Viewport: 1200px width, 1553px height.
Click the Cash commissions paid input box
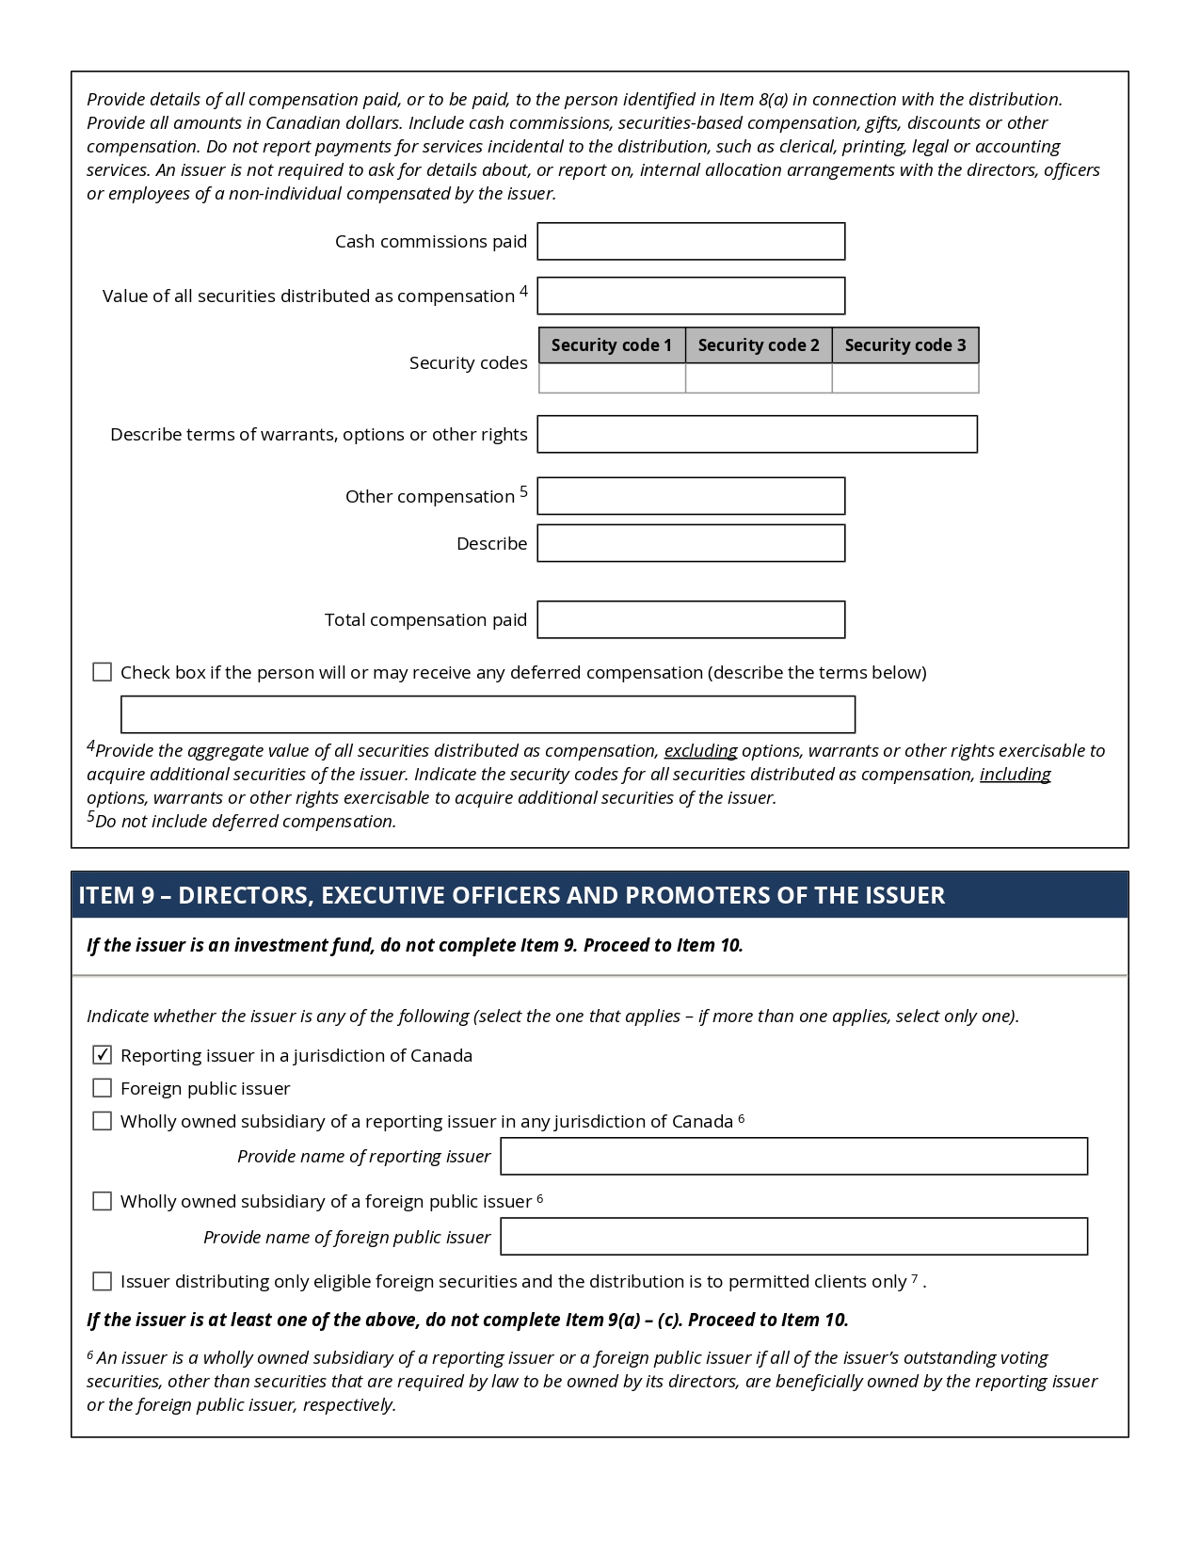pyautogui.click(x=691, y=242)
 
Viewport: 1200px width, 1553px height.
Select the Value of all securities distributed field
pyautogui.click(x=691, y=296)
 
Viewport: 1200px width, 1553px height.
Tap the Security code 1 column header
pyautogui.click(x=612, y=345)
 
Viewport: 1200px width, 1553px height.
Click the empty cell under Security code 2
pyautogui.click(x=759, y=378)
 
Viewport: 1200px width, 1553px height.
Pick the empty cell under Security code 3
pyautogui.click(x=905, y=378)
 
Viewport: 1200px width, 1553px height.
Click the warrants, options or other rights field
pyautogui.click(x=757, y=435)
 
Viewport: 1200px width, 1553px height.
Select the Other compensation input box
pyautogui.click(x=691, y=496)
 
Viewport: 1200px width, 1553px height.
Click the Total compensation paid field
pyautogui.click(x=691, y=619)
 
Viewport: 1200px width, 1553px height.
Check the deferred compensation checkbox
pyautogui.click(x=103, y=672)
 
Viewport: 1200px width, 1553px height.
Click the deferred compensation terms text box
pyautogui.click(x=488, y=714)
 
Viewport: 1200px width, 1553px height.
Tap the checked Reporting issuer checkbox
pyautogui.click(x=103, y=1055)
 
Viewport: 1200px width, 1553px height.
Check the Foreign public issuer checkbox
pyautogui.click(x=103, y=1088)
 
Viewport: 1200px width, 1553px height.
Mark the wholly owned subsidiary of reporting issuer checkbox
pyautogui.click(x=103, y=1121)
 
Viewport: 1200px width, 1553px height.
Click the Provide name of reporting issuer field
pyautogui.click(x=793, y=1157)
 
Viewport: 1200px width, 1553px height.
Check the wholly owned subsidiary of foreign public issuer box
pyautogui.click(x=103, y=1201)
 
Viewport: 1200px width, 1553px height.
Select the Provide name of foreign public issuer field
pyautogui.click(x=793, y=1237)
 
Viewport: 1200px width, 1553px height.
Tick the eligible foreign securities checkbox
pyautogui.click(x=103, y=1281)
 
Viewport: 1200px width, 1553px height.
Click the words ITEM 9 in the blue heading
pyautogui.click(x=116, y=895)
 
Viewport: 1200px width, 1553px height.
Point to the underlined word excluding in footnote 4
pyautogui.click(x=700, y=751)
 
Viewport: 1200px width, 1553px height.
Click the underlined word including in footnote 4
pyautogui.click(x=1015, y=775)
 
